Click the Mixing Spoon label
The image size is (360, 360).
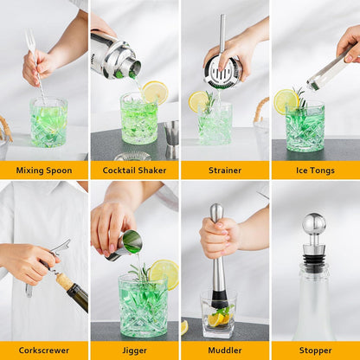(x=44, y=170)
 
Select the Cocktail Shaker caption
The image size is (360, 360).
(x=134, y=170)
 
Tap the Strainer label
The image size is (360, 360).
(x=224, y=170)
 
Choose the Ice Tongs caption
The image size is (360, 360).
(x=315, y=170)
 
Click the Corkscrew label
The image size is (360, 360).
(x=44, y=350)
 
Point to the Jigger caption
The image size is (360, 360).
(x=134, y=350)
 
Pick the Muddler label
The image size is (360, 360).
(x=224, y=350)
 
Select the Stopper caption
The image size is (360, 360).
(x=315, y=350)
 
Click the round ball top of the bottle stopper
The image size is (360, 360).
(x=314, y=225)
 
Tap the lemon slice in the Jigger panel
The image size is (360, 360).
(x=164, y=273)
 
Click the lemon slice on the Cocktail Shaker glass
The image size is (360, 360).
(x=156, y=92)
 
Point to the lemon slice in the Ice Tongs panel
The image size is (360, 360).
(x=286, y=101)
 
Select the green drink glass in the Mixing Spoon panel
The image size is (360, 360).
(x=48, y=122)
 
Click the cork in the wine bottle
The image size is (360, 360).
(x=65, y=281)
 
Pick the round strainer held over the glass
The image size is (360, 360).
(x=222, y=72)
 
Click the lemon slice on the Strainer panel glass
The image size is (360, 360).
(x=198, y=102)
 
